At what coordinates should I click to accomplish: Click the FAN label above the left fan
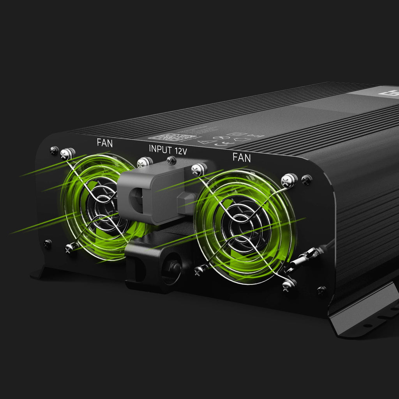[104, 143]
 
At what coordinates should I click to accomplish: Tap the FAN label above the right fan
[242, 158]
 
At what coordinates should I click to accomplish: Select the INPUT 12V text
[168, 149]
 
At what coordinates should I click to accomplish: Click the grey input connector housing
[156, 195]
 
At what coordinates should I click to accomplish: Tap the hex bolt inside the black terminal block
[175, 268]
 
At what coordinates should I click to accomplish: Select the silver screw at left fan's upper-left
[68, 154]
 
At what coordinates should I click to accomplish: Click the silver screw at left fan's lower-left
[70, 247]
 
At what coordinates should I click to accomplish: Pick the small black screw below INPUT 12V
[171, 160]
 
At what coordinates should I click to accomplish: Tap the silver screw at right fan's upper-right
[290, 180]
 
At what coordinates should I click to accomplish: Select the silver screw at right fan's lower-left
[200, 269]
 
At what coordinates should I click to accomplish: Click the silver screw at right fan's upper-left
[199, 168]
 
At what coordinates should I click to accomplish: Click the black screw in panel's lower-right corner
[321, 290]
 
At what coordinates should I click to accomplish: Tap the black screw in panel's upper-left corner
[54, 150]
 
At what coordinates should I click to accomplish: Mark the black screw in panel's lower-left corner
[48, 244]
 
